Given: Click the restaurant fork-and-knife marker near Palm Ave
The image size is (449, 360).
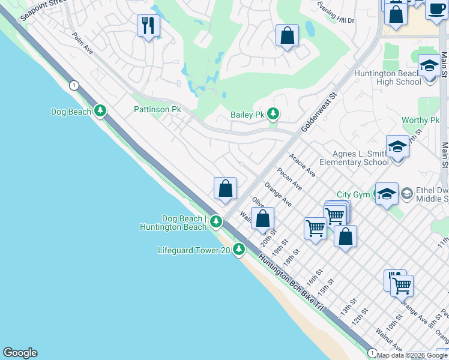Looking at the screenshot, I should tap(147, 26).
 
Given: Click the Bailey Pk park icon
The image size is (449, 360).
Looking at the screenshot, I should tap(273, 113).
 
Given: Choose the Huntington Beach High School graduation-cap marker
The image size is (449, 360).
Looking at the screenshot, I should tap(429, 65).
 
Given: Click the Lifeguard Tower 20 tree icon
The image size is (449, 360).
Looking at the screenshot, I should tap(239, 248).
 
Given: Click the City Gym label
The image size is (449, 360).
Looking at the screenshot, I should tap(353, 194).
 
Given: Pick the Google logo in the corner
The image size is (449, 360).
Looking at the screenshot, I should tap(20, 353).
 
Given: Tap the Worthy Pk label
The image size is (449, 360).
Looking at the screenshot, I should tap(421, 120).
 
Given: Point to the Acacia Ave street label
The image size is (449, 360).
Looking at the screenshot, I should tap(302, 164).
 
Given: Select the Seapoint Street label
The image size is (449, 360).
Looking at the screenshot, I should tap(41, 10).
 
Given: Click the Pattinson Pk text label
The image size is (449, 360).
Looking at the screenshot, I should tap(157, 110).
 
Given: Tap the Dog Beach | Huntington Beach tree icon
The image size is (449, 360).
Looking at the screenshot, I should tap(216, 223).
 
